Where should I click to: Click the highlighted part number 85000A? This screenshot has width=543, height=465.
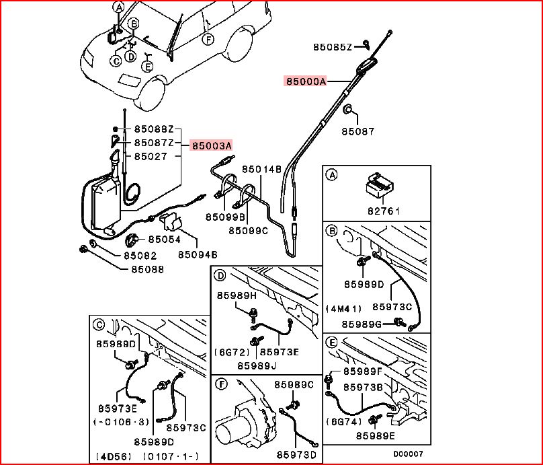[306, 81]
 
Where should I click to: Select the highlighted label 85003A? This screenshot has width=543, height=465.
[211, 145]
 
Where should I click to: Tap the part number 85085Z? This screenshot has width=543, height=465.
[333, 46]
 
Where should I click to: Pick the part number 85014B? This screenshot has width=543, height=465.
[261, 169]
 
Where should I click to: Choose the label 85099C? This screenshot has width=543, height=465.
[248, 230]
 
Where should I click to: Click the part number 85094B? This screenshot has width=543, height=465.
[198, 255]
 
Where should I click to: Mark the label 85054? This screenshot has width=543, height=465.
[165, 239]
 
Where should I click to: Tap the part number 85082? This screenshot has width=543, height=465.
[140, 256]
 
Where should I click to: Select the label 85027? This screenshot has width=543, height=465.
[151, 156]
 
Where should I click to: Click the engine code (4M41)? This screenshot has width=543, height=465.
[343, 309]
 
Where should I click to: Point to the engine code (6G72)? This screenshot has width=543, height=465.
[233, 351]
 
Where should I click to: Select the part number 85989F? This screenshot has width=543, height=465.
[363, 371]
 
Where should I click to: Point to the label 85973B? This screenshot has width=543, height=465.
[363, 388]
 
